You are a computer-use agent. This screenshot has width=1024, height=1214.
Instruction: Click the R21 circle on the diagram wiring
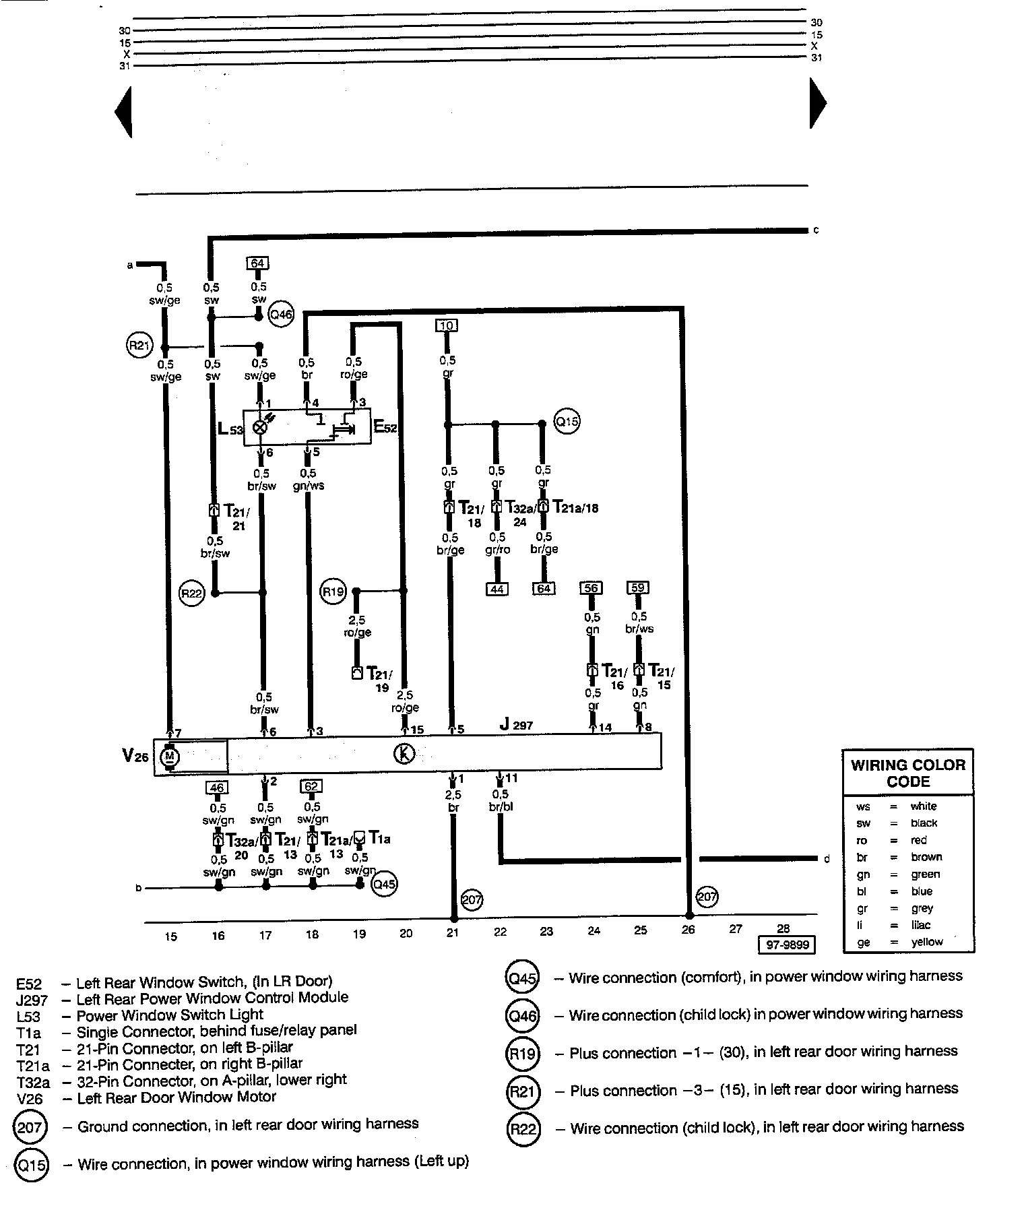(x=139, y=346)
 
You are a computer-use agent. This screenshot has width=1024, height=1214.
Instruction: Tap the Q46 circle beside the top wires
(x=280, y=314)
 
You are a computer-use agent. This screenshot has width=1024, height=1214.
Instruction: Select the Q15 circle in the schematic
(x=567, y=422)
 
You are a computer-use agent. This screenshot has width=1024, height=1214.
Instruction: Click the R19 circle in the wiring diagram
(x=333, y=592)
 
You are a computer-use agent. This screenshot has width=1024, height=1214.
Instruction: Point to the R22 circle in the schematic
(x=191, y=594)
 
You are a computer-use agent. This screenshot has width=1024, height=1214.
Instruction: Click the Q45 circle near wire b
(x=384, y=884)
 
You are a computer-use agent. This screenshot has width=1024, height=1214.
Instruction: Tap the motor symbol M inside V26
(x=169, y=757)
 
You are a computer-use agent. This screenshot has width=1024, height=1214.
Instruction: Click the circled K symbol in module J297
(x=404, y=754)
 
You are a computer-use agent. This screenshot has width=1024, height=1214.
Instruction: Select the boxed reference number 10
(x=447, y=326)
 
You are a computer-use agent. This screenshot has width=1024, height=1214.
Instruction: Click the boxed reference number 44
(x=497, y=589)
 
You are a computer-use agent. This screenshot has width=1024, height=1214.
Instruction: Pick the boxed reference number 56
(x=591, y=587)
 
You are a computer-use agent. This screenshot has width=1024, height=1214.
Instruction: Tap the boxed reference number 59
(x=638, y=587)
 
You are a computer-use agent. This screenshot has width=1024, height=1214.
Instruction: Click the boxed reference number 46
(x=217, y=786)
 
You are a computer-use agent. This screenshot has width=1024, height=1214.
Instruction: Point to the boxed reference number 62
(x=311, y=786)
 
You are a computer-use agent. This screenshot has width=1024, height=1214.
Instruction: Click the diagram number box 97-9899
(x=786, y=945)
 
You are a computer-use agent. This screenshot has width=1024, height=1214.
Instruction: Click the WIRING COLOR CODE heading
(x=908, y=773)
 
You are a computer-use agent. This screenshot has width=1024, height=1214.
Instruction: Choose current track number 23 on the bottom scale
(x=546, y=931)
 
